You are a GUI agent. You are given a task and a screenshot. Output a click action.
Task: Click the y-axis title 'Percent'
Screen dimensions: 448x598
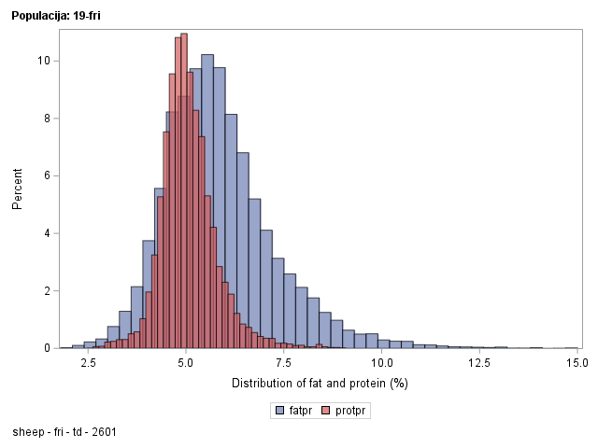point(17,189)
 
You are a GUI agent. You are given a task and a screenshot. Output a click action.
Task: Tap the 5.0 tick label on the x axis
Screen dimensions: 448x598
point(186,361)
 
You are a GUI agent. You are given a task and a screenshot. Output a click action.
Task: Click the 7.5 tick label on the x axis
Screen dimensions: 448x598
point(284,361)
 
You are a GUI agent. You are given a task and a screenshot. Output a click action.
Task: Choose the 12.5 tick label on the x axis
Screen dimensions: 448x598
point(479,361)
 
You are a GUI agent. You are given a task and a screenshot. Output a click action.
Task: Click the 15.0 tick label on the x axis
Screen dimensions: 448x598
point(577,361)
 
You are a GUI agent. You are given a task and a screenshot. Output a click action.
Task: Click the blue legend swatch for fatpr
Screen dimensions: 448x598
point(279,410)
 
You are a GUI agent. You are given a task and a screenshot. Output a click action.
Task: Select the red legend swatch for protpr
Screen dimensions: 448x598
point(327,410)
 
